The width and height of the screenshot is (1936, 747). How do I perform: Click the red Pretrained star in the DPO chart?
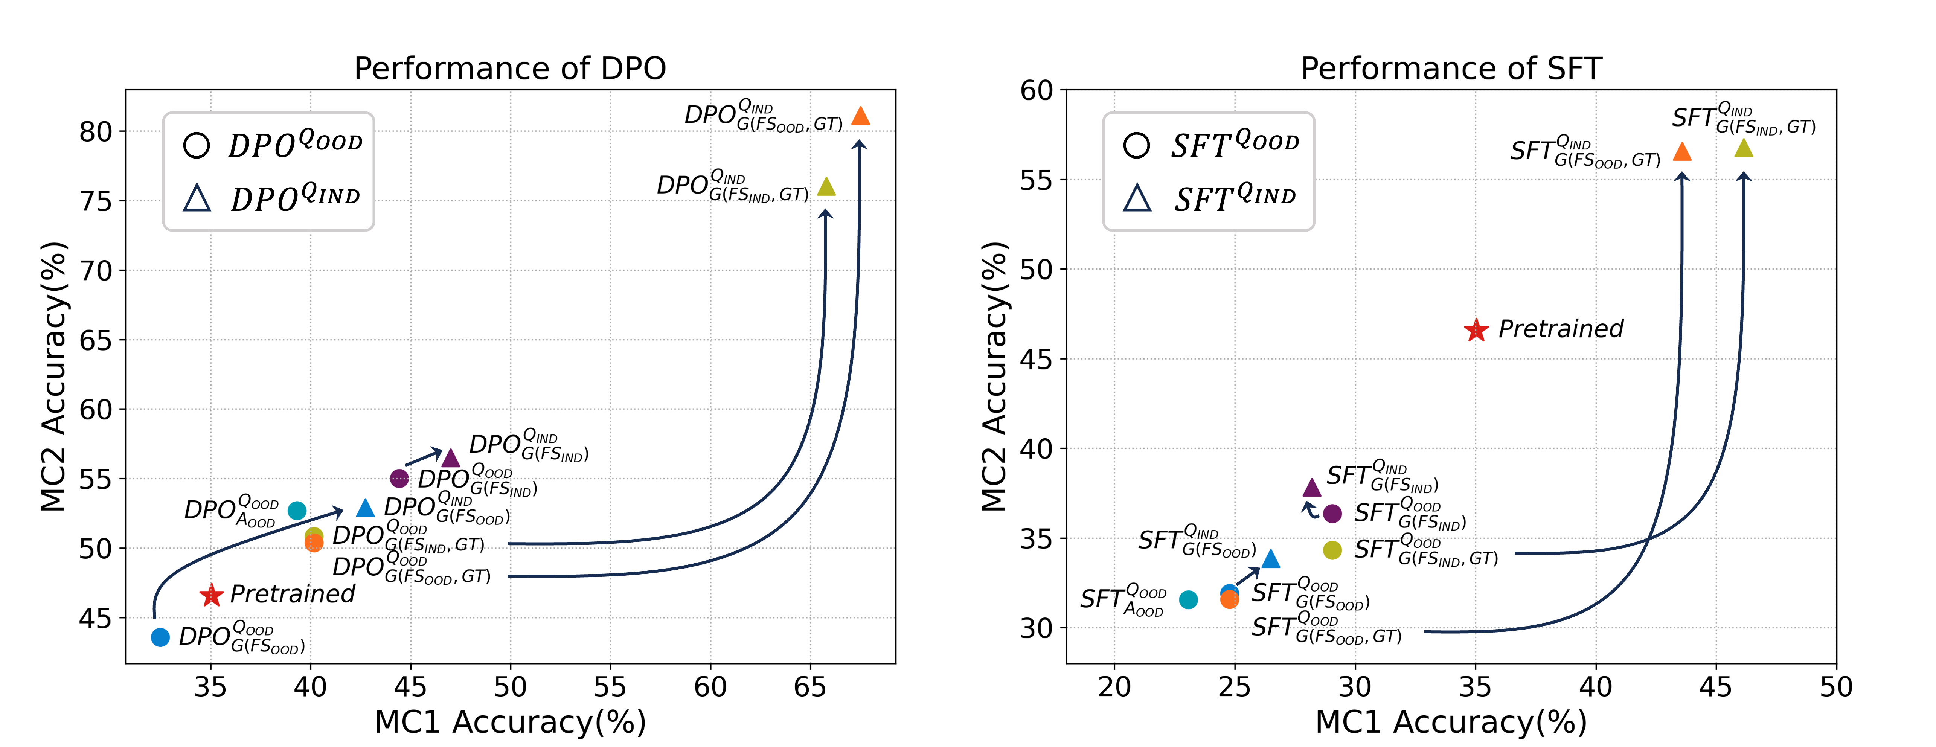[x=211, y=595]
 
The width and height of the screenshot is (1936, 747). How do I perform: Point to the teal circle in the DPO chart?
[x=297, y=510]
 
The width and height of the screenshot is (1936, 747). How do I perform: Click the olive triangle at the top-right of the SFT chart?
[x=1744, y=148]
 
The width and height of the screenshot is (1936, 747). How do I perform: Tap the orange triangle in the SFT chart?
[x=1682, y=152]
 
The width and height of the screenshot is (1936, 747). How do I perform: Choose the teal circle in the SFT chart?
[x=1188, y=599]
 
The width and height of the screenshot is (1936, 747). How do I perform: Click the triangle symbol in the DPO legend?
[x=197, y=198]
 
